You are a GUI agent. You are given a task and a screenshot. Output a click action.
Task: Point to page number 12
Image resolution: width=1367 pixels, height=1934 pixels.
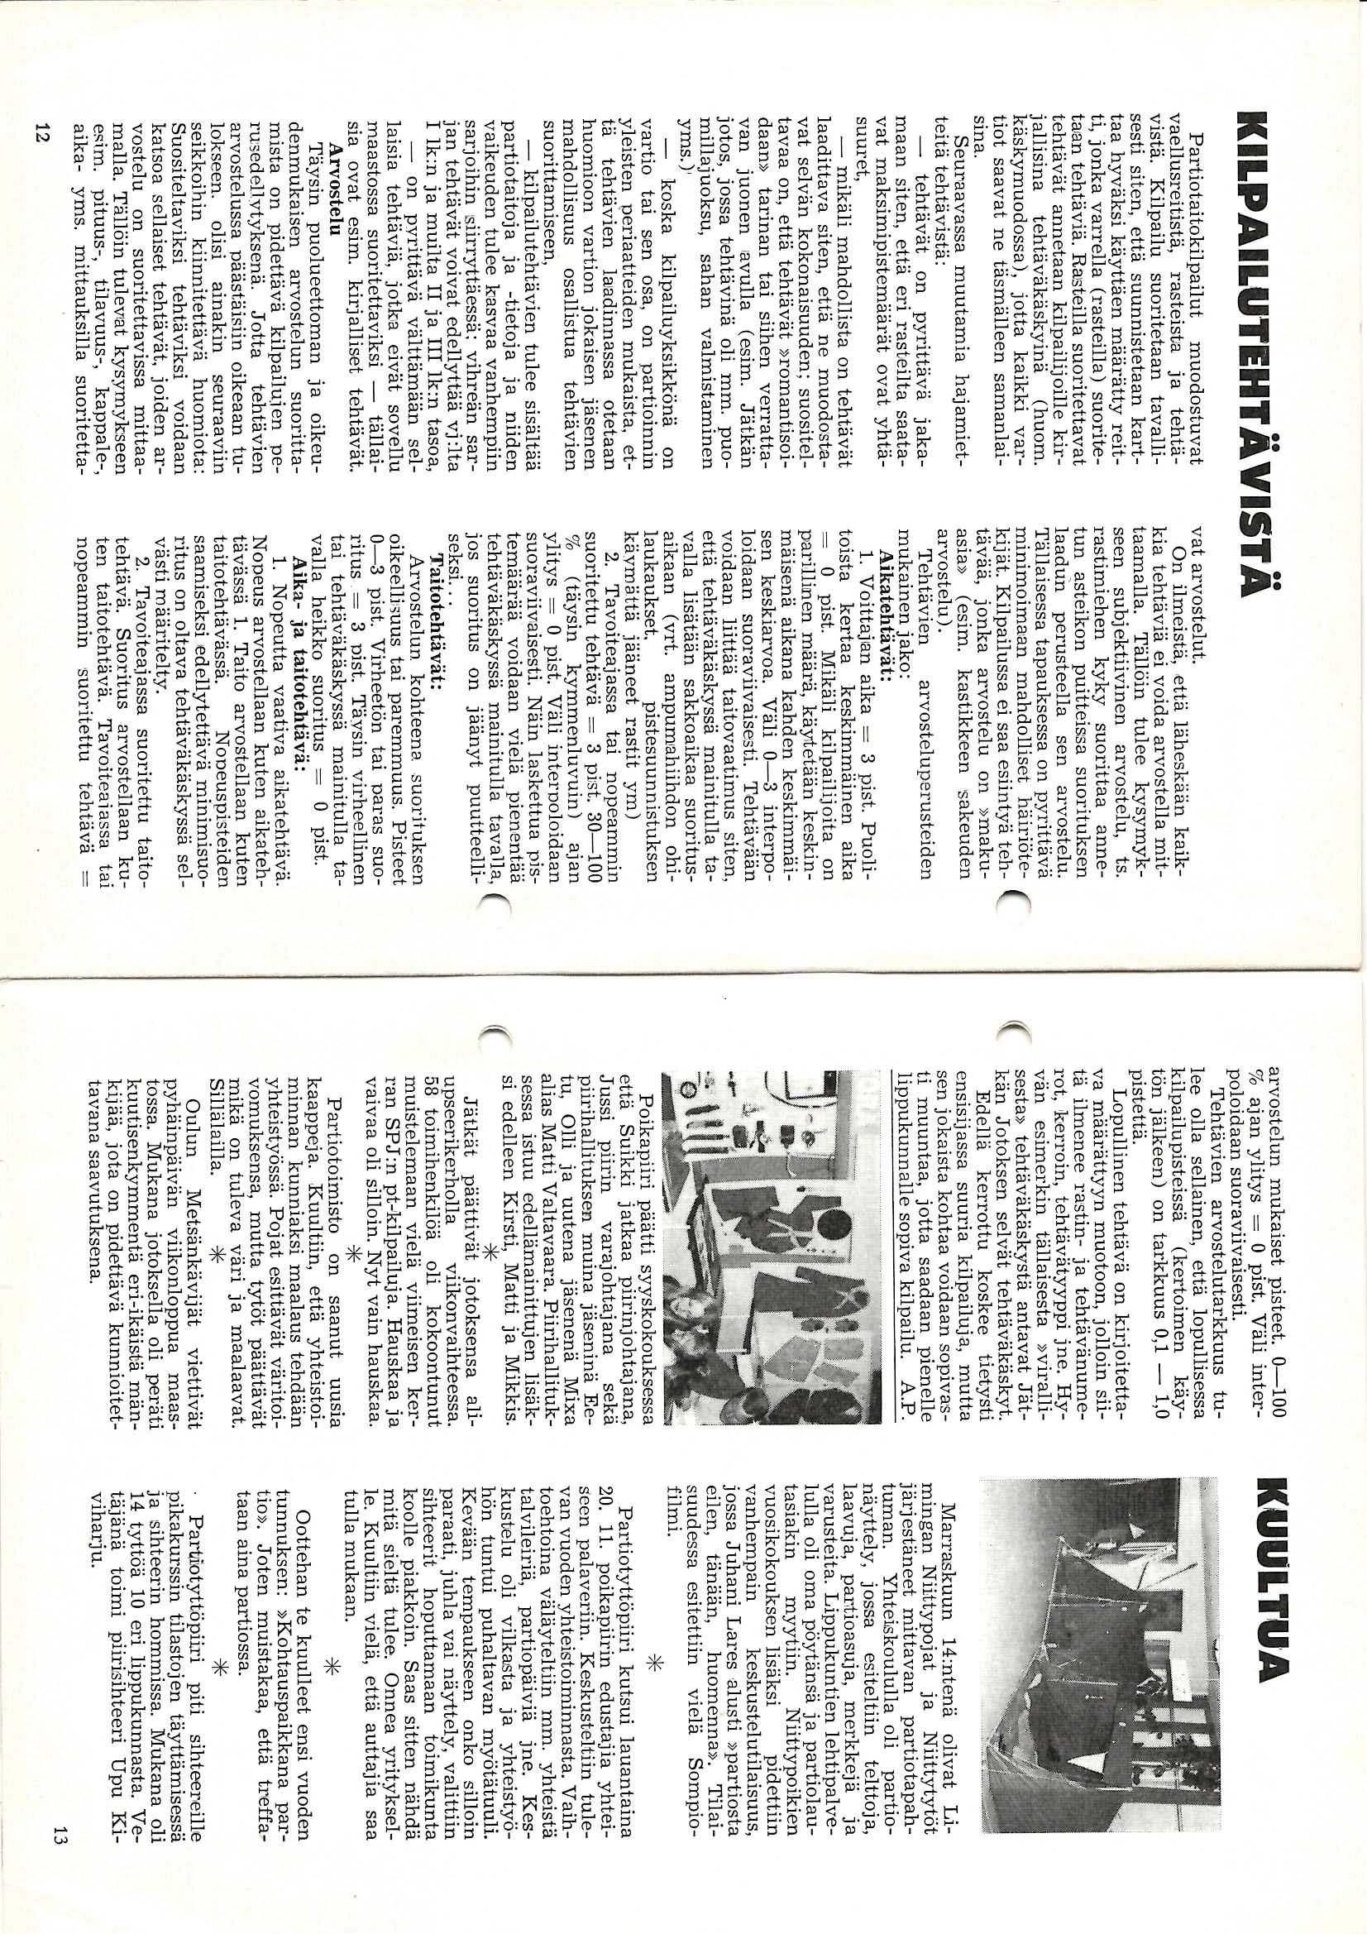point(41,132)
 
